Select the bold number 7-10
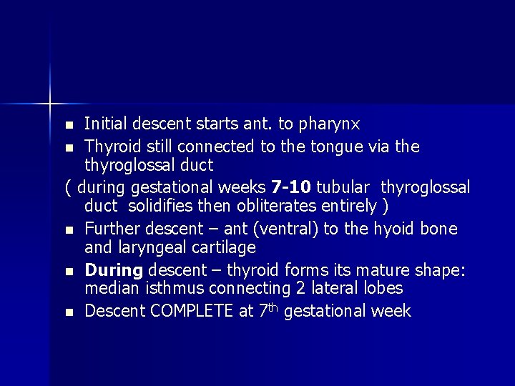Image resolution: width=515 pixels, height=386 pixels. (291, 187)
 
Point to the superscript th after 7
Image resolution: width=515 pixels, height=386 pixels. (273, 307)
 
